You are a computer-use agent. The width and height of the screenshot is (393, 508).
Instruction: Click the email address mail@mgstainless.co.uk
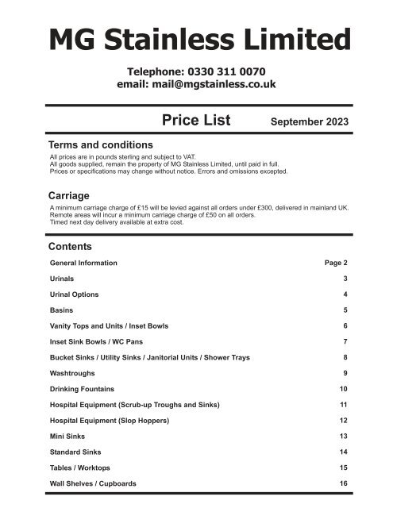tap(196, 85)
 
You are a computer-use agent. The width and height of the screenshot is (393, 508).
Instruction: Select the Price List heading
tap(195, 121)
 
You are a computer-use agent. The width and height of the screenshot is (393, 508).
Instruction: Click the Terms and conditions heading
tap(101, 145)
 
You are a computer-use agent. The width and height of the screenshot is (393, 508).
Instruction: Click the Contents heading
tap(71, 246)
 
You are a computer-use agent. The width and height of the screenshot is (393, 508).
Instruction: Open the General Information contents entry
tap(83, 262)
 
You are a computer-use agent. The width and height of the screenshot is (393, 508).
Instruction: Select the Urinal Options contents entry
tap(75, 294)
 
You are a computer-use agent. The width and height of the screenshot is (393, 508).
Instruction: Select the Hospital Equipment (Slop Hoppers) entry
tap(120, 420)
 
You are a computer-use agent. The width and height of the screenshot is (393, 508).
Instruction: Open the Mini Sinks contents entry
tap(67, 436)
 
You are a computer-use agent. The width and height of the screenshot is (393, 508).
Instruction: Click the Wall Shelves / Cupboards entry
tap(93, 483)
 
